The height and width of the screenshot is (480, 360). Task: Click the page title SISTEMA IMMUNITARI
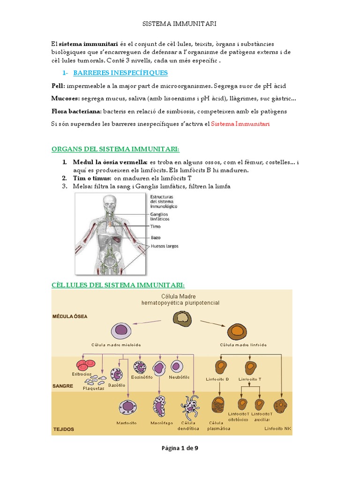tap(180, 23)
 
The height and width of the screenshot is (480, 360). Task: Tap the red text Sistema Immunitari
tap(240, 124)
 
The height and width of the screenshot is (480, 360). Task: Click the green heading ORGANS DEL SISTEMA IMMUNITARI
tap(115, 149)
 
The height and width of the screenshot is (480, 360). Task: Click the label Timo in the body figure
tap(155, 226)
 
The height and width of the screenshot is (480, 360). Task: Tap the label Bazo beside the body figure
tap(156, 237)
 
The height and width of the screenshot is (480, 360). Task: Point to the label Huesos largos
tap(164, 246)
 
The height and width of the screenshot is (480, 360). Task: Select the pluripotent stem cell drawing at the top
tap(181, 319)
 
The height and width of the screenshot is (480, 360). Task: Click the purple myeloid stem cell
tap(121, 331)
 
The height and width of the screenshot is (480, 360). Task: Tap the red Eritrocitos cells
tap(85, 366)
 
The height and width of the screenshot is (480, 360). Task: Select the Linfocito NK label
tap(277, 428)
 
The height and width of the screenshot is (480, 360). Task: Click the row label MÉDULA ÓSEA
tap(69, 316)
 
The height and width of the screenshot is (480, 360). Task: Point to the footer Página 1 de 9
tap(180, 448)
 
